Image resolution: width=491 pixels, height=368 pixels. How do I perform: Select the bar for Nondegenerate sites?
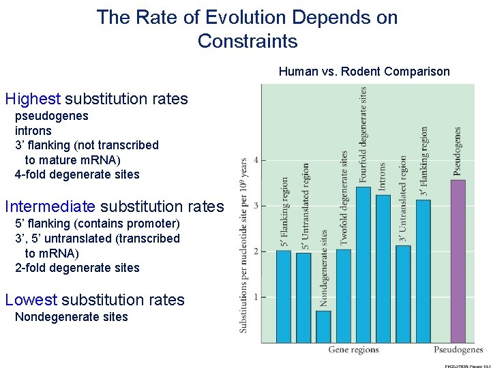click(323, 326)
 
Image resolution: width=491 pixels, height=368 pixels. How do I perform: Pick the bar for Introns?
click(383, 269)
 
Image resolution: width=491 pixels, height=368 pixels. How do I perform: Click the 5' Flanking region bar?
click(284, 296)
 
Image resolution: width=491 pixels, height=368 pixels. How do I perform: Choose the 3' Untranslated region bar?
click(403, 294)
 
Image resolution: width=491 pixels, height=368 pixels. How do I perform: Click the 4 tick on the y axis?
click(255, 160)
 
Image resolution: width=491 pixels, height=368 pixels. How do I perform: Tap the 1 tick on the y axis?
click(255, 297)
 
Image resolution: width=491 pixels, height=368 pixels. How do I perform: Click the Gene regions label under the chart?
click(353, 350)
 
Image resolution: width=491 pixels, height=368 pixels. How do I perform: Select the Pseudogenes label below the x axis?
click(458, 350)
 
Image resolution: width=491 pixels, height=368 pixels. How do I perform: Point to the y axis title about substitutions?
click(243, 245)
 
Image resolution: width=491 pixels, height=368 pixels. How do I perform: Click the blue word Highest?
click(33, 99)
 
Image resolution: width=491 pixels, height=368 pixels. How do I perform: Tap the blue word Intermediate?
click(50, 206)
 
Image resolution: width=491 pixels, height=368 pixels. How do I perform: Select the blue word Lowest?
click(31, 300)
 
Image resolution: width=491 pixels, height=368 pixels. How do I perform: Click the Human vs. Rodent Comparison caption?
click(364, 72)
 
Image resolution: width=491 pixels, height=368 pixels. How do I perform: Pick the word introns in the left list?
click(33, 130)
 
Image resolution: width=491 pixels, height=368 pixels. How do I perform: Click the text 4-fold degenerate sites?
click(77, 174)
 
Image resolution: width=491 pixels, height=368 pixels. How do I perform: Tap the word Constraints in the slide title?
click(248, 41)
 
